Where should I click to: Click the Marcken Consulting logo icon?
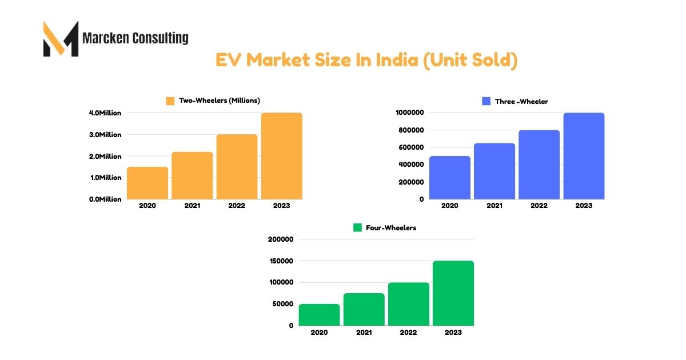click(61, 39)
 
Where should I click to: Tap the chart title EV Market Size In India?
click(366, 60)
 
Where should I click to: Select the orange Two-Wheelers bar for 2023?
click(281, 156)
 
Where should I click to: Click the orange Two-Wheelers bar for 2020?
click(147, 183)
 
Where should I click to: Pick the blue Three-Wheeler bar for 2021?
click(494, 171)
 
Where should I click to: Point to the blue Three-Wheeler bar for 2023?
click(584, 156)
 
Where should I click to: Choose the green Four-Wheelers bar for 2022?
click(408, 304)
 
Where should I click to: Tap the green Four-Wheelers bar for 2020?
click(319, 314)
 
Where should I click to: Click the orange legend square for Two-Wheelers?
click(170, 101)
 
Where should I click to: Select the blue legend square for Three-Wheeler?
click(486, 101)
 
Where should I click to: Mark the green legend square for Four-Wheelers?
click(357, 227)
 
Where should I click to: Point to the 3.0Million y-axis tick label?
click(105, 135)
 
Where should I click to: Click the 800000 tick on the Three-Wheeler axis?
click(410, 130)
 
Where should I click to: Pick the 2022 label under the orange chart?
click(237, 206)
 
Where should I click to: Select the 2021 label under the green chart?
click(364, 333)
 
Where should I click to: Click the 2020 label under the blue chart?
click(449, 206)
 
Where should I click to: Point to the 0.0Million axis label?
click(105, 199)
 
